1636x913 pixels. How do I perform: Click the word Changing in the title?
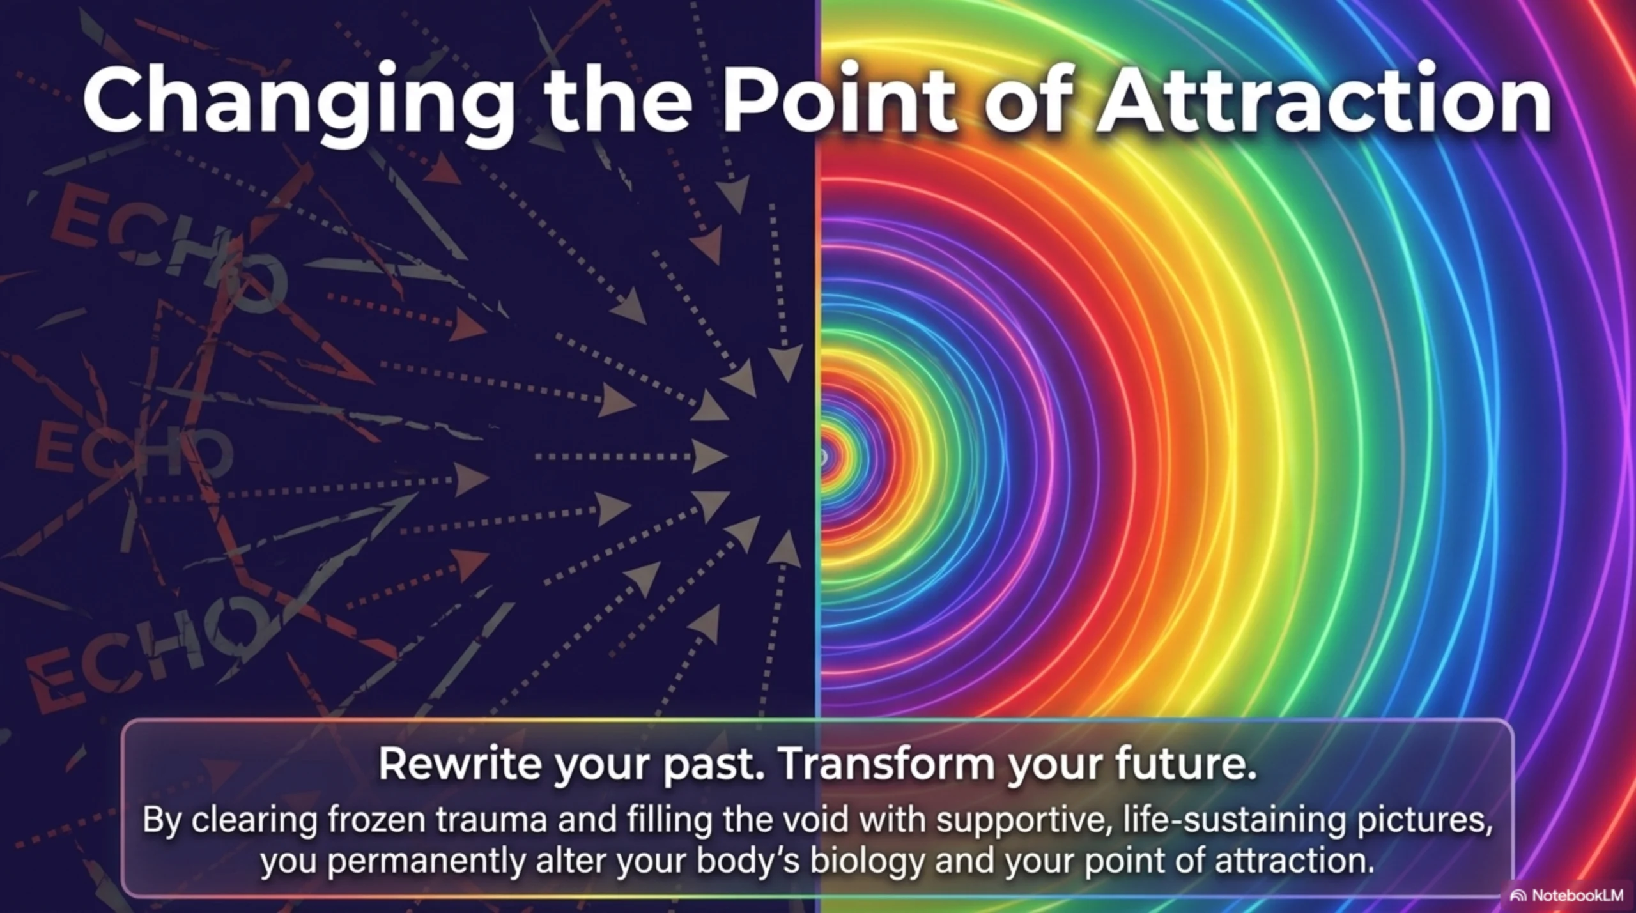click(298, 104)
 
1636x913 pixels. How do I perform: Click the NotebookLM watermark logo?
click(1518, 896)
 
